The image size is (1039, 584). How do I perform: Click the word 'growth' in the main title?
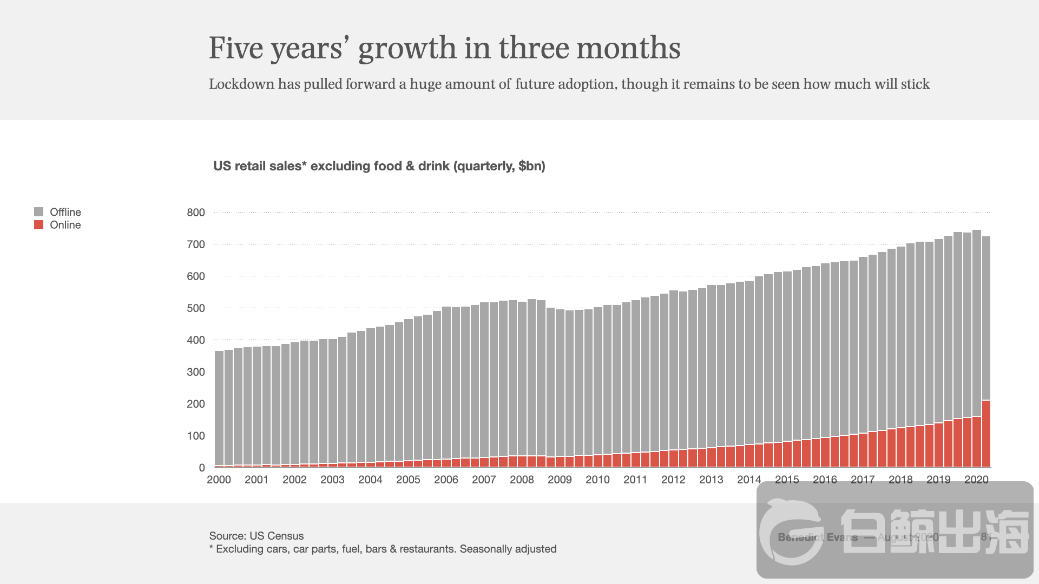click(x=407, y=49)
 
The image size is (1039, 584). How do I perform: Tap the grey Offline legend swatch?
click(x=38, y=212)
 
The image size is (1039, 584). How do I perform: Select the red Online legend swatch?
click(x=38, y=225)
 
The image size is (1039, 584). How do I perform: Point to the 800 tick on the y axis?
click(x=196, y=213)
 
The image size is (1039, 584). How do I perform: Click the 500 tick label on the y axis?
click(x=196, y=308)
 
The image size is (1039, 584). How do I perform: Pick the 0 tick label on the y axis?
click(x=202, y=468)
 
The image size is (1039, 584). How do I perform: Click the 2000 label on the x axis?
click(x=219, y=480)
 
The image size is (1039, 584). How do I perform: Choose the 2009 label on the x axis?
click(x=560, y=480)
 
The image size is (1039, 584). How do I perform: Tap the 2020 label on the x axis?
click(x=976, y=480)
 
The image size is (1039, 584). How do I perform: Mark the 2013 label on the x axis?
click(x=711, y=480)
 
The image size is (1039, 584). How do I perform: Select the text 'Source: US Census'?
click(x=257, y=536)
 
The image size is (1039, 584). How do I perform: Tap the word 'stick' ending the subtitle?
click(x=915, y=84)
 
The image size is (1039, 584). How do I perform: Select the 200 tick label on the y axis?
click(x=196, y=404)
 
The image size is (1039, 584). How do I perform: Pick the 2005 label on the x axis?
click(x=408, y=480)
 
